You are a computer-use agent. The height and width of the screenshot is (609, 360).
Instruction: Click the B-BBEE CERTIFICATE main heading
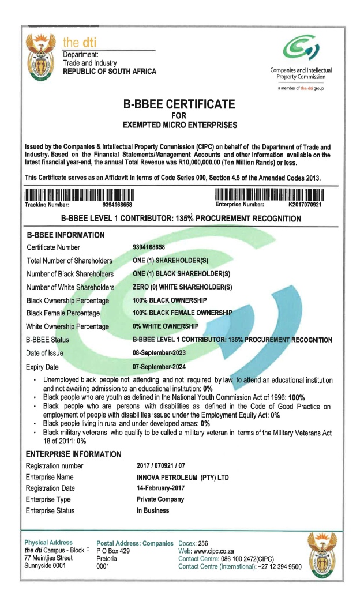click(x=179, y=104)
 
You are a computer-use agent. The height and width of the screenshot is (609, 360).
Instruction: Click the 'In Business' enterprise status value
click(x=149, y=510)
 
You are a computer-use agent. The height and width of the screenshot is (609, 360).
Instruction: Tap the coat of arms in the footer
click(x=325, y=556)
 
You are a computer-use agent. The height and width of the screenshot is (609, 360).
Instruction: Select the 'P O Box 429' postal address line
click(x=113, y=551)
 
